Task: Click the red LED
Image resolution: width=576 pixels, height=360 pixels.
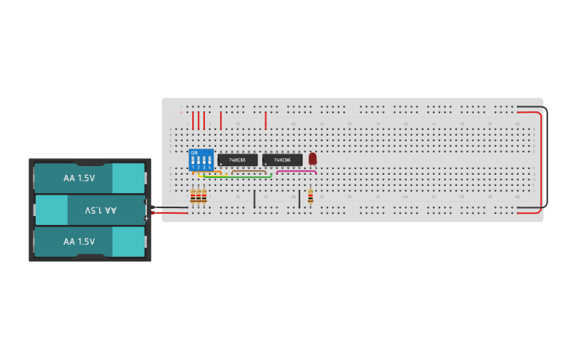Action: (312, 158)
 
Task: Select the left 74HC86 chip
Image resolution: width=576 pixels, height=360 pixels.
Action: (238, 160)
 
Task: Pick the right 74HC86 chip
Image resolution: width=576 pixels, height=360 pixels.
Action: (282, 160)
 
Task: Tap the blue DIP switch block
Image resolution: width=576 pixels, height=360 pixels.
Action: (201, 160)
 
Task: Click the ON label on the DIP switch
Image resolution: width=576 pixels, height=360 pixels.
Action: (194, 153)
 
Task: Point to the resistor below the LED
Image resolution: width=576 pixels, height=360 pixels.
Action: (310, 196)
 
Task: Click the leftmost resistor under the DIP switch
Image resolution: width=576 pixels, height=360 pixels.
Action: (192, 196)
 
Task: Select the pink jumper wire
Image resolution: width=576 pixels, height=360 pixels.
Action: (296, 171)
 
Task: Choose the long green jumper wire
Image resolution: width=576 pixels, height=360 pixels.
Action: (238, 176)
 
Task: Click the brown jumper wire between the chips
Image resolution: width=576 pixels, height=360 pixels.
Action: (249, 170)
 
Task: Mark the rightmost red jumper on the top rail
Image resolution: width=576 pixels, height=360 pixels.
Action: (265, 121)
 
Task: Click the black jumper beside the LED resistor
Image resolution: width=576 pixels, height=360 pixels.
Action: (300, 198)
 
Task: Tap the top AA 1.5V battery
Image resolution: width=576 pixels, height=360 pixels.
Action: (89, 179)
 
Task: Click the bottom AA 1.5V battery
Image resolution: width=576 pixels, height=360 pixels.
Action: (89, 242)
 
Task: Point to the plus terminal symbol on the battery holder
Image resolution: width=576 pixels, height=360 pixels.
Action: (146, 218)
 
